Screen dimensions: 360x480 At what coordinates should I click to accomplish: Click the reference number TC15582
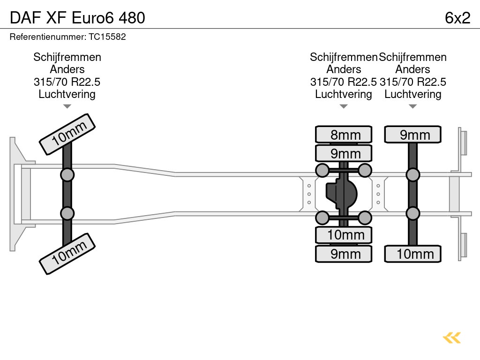tap(107, 37)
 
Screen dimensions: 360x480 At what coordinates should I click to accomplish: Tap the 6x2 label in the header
tap(457, 18)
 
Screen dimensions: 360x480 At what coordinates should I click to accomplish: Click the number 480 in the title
tap(132, 18)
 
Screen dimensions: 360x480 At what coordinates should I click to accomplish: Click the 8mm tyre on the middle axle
tap(344, 135)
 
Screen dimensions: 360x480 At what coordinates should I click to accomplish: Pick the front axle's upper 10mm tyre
tap(67, 134)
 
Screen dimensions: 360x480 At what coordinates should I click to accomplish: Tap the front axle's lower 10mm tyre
tap(67, 254)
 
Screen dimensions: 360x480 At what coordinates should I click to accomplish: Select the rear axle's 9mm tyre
tap(413, 135)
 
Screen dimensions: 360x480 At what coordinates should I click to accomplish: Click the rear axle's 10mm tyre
tap(413, 254)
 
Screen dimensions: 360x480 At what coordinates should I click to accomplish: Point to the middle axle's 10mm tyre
tap(344, 235)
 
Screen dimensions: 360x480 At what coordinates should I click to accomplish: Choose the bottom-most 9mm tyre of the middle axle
tap(344, 254)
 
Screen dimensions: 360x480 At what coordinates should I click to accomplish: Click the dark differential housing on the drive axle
tap(342, 194)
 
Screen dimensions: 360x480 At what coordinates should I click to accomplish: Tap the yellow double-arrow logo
tap(452, 338)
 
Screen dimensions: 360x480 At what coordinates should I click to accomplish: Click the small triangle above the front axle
tap(67, 106)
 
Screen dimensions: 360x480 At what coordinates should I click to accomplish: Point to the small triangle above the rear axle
tap(412, 106)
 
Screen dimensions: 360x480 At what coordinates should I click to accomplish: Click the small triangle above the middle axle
tap(344, 106)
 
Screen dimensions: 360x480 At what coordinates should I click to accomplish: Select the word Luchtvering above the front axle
tap(67, 94)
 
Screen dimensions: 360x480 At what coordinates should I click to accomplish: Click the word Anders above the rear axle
tap(412, 69)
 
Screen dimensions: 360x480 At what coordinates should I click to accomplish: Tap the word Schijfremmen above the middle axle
tap(344, 57)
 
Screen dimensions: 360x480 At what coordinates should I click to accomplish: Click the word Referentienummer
tap(45, 37)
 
